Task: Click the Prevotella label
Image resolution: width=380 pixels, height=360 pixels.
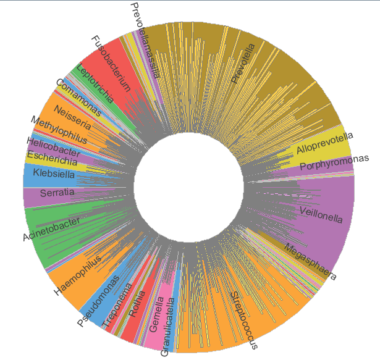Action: (243, 62)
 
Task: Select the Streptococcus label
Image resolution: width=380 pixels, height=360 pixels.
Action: (244, 320)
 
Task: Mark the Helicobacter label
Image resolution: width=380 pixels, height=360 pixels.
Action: (53, 146)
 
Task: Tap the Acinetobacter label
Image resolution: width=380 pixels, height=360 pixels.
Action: (51, 229)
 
